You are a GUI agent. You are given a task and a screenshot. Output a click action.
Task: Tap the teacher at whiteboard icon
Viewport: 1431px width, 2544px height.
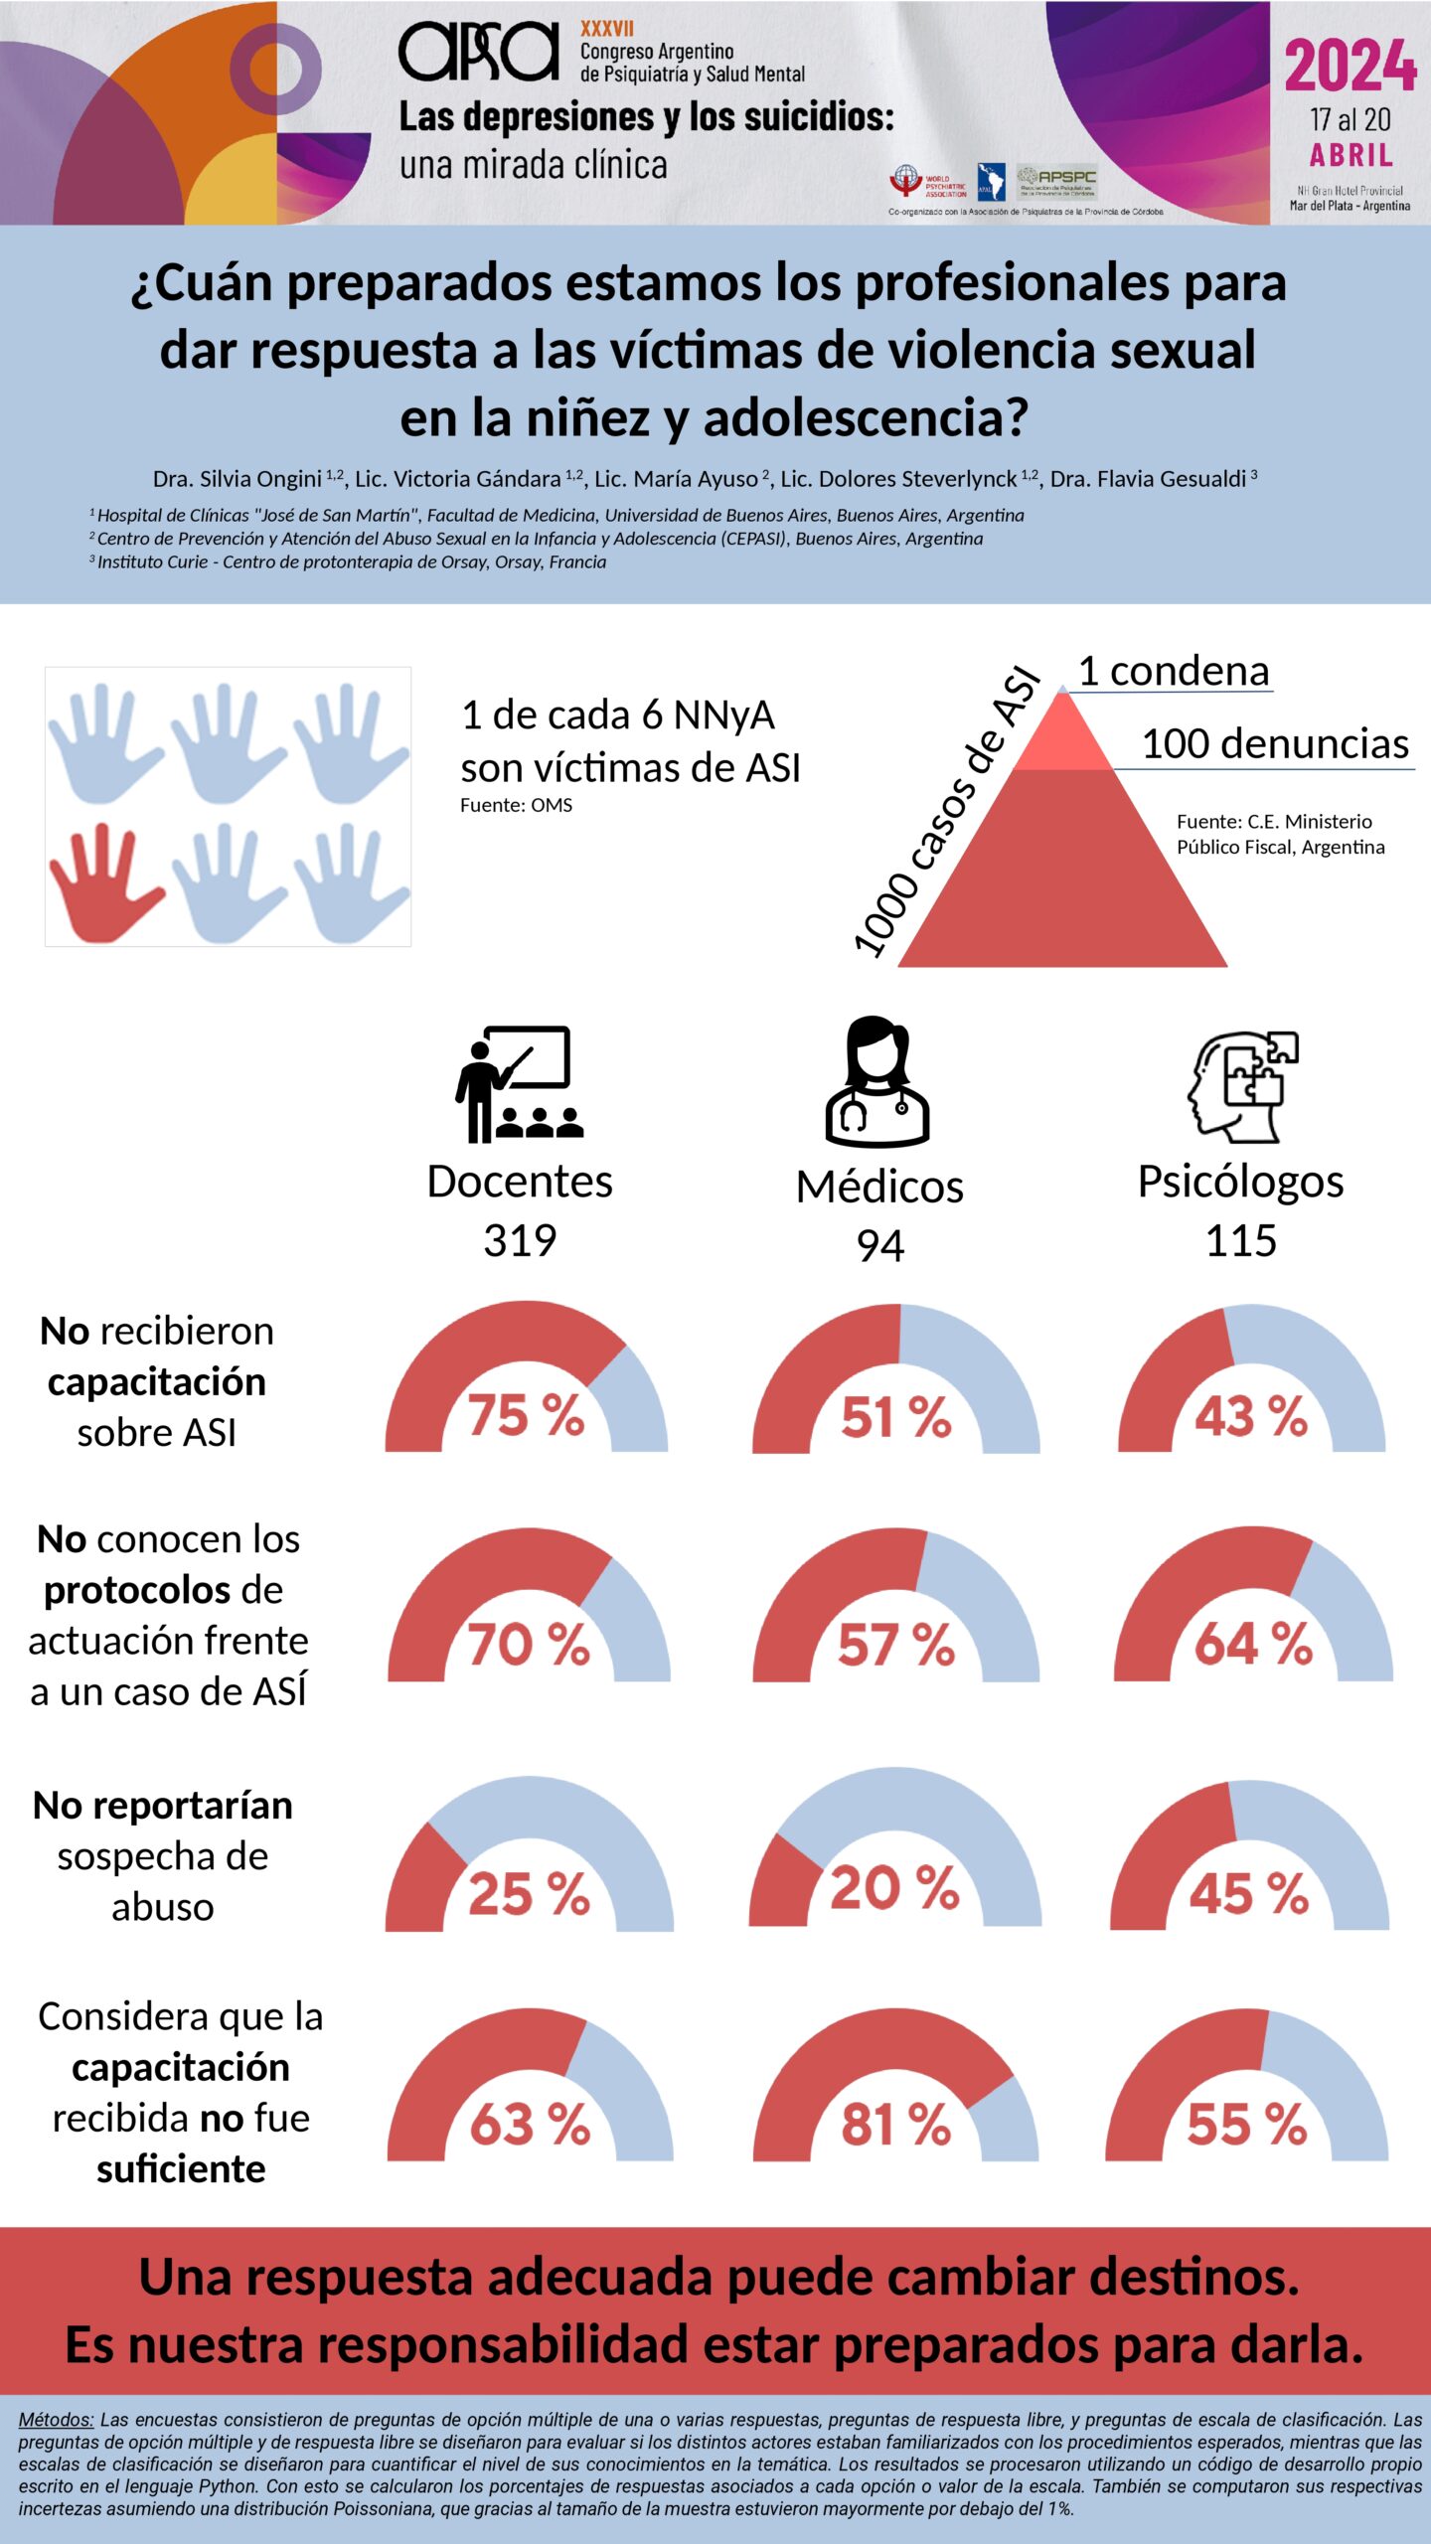click(x=518, y=1084)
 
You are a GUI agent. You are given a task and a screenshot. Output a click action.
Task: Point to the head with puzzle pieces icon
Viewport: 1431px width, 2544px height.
click(x=1242, y=1086)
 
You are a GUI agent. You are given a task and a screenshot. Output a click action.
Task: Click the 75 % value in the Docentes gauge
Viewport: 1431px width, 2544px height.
click(x=526, y=1414)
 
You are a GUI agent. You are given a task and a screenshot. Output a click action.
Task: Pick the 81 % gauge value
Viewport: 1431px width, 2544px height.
click(x=895, y=2125)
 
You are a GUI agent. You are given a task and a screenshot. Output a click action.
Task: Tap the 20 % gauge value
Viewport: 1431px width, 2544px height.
click(x=894, y=1888)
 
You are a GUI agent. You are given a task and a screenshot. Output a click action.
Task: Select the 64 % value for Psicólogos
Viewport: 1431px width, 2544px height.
click(x=1253, y=1644)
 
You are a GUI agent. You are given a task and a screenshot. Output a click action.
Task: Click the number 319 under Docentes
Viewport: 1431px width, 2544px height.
click(x=520, y=1240)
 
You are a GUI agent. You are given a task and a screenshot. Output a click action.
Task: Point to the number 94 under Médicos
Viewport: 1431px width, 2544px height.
click(x=879, y=1246)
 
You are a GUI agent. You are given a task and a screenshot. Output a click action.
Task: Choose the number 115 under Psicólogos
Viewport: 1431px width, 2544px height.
click(x=1240, y=1240)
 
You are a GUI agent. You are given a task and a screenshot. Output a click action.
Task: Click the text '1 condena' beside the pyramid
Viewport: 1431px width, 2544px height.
click(x=1174, y=672)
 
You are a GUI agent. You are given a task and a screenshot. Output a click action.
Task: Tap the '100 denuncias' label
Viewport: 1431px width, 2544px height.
click(x=1275, y=743)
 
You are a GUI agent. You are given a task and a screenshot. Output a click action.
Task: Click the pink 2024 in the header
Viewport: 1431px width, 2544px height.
click(x=1350, y=68)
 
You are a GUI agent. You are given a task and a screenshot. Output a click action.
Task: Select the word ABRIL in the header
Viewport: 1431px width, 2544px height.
click(x=1351, y=156)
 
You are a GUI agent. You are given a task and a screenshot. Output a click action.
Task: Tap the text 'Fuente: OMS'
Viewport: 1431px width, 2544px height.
click(x=516, y=805)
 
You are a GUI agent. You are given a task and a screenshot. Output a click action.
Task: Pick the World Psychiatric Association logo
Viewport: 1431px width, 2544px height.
click(x=927, y=183)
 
